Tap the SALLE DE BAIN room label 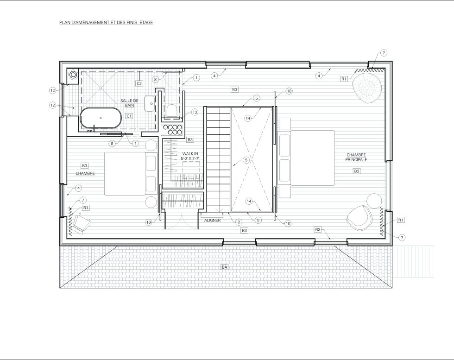tap(129, 103)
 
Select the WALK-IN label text tap(190, 154)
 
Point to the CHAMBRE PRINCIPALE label tap(356, 157)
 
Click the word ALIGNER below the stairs tap(212, 220)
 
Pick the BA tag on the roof tap(224, 267)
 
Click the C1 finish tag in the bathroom tap(129, 116)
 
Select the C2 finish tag tap(139, 83)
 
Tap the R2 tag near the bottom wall tap(318, 230)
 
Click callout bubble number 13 tap(195, 112)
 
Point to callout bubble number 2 tap(238, 222)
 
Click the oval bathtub tap(101, 118)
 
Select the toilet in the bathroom tap(172, 111)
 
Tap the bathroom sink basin tap(150, 103)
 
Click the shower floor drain tap(101, 87)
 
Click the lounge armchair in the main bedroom tap(359, 218)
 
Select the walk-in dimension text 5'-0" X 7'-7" tap(190, 158)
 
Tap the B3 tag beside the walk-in tap(190, 140)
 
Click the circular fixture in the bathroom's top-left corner tap(74, 75)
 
